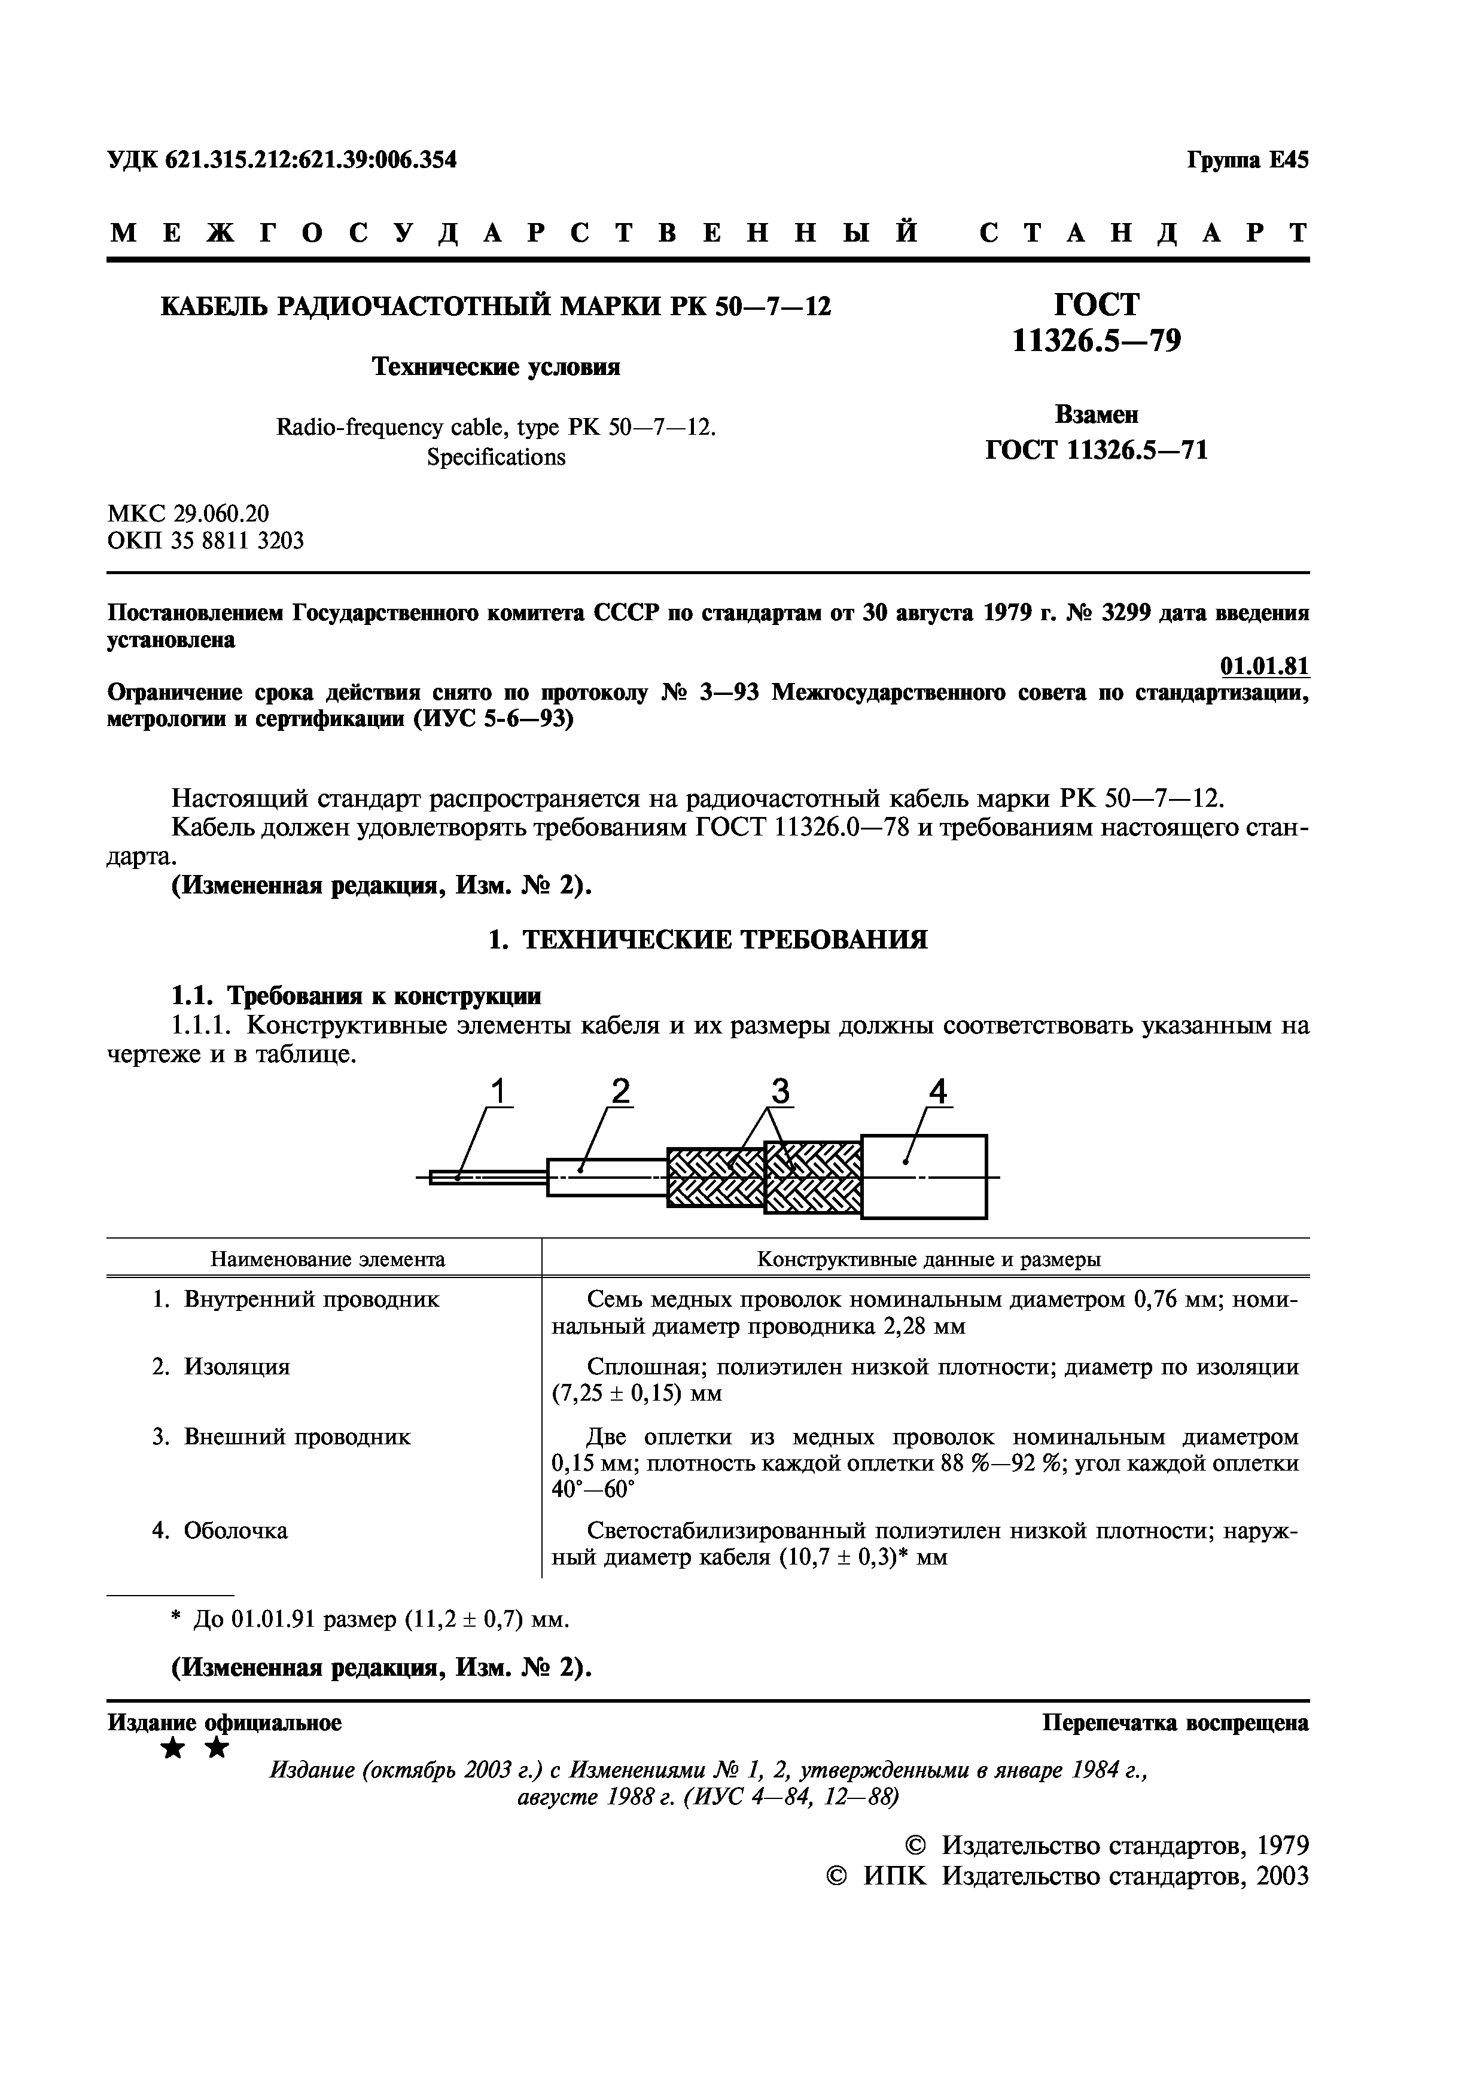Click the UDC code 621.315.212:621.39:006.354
(x=310, y=160)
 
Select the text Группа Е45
(x=1247, y=160)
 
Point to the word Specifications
(x=496, y=457)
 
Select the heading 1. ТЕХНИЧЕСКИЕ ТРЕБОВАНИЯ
(x=708, y=940)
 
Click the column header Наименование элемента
(x=328, y=1259)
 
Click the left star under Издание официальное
(x=171, y=1749)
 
